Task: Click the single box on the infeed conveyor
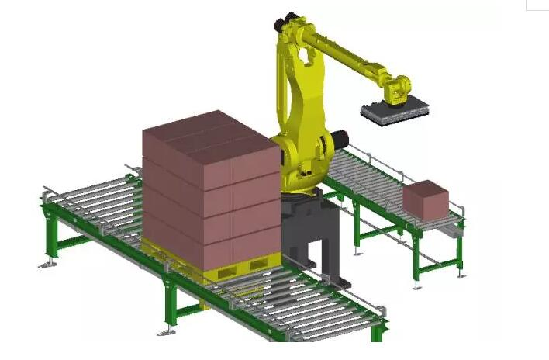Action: click(425, 199)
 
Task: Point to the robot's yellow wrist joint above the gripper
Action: click(399, 88)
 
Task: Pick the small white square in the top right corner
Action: click(537, 4)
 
